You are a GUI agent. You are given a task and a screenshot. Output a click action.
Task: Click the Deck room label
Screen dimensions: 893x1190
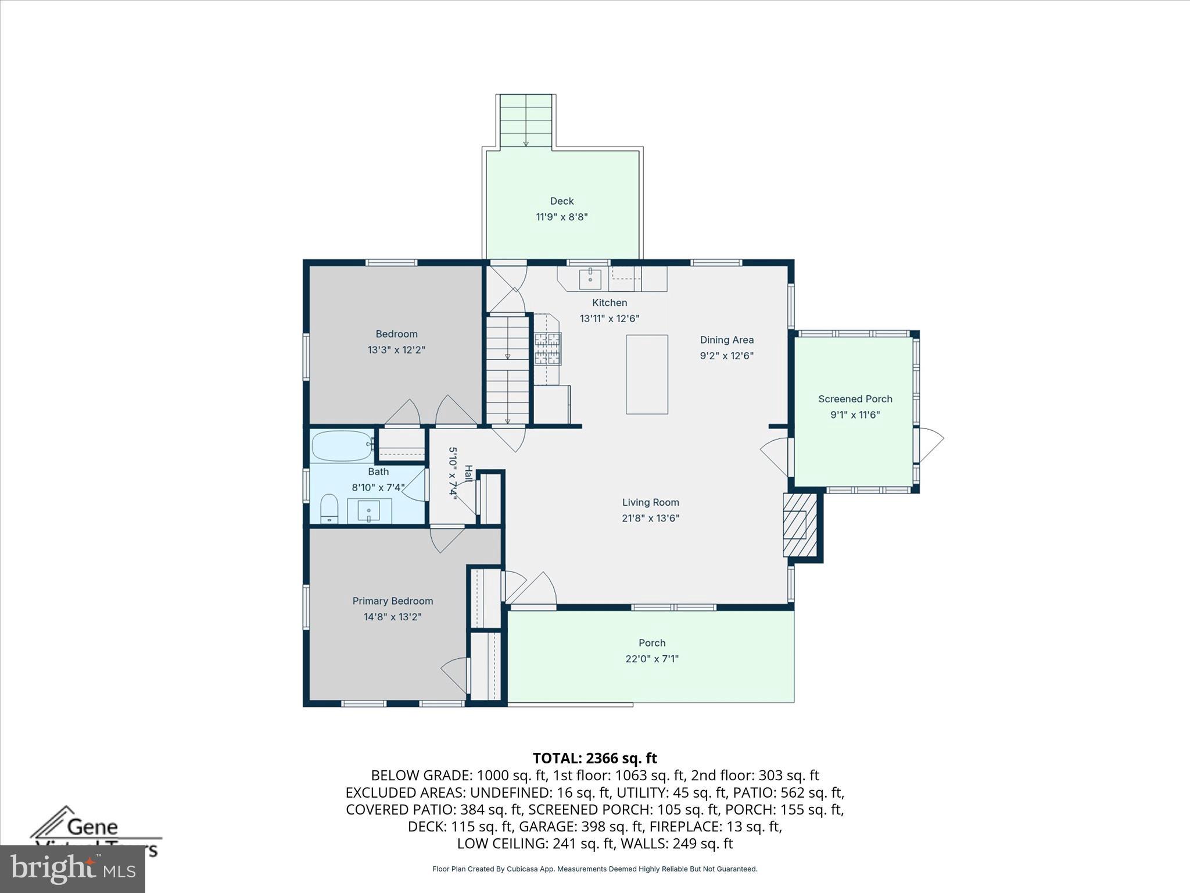(561, 201)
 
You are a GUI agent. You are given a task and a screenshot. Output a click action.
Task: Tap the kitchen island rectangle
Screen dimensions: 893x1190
(646, 374)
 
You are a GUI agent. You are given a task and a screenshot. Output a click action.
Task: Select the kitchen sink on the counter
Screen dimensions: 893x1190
(590, 278)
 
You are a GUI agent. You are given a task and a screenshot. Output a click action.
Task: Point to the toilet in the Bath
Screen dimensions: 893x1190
(329, 509)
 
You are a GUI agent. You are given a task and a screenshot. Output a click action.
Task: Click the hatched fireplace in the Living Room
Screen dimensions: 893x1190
(795, 525)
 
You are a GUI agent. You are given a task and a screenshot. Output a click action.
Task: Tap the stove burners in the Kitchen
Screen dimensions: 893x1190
(547, 348)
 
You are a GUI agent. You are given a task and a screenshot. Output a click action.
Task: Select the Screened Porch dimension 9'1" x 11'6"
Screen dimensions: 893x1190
(855, 415)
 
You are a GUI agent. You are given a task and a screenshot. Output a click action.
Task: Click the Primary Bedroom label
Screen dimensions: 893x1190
(392, 601)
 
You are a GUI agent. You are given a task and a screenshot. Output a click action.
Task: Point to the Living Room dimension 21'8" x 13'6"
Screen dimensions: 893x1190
(650, 518)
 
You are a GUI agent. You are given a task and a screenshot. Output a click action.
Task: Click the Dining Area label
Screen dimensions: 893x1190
(726, 340)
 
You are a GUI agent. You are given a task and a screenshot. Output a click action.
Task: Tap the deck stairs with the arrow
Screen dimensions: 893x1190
(525, 120)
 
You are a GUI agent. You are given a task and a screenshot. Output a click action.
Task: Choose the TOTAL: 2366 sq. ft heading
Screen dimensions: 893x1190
(594, 758)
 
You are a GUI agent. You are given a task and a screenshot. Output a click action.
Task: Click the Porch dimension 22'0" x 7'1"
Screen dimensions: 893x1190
(651, 659)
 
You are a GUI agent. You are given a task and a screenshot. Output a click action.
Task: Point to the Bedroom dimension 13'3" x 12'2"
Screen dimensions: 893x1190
(396, 350)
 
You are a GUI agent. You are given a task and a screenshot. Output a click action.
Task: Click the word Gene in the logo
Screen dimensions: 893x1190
(93, 827)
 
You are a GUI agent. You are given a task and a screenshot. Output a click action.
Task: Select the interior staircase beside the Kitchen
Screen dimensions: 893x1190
(508, 370)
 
